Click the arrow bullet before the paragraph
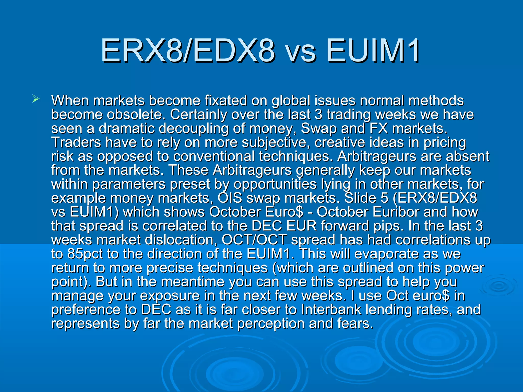point(36,99)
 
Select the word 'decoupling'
point(193,128)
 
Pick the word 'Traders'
point(76,142)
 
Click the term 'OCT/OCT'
point(254,240)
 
